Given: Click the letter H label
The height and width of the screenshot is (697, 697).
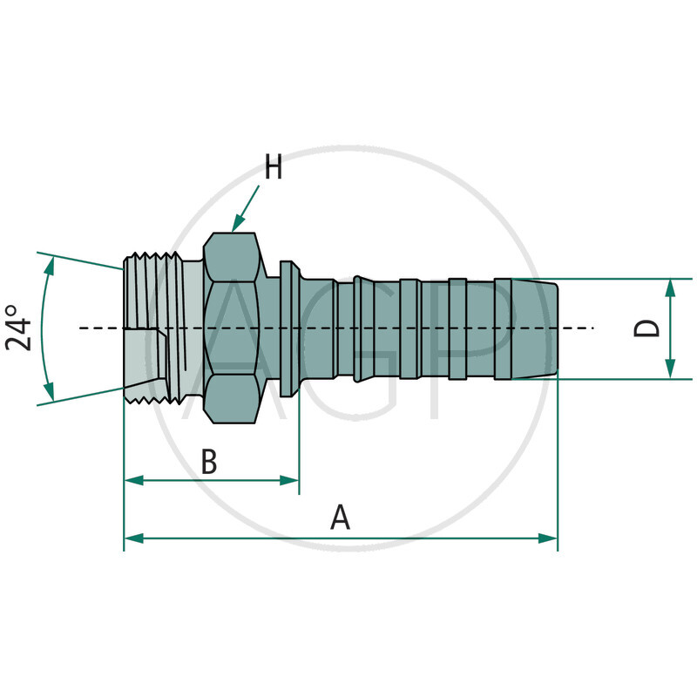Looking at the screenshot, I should [x=274, y=167].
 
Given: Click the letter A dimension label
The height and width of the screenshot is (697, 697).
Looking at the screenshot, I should [x=341, y=518].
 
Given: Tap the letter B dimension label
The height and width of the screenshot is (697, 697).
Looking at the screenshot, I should [x=209, y=463].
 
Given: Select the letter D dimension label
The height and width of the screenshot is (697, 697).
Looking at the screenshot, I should [x=646, y=328].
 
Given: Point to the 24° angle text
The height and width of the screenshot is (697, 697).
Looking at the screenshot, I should [x=20, y=327].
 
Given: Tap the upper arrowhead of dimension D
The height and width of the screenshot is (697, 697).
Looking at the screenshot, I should [x=670, y=287].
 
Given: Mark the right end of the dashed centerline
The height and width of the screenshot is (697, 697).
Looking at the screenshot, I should [x=592, y=328].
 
